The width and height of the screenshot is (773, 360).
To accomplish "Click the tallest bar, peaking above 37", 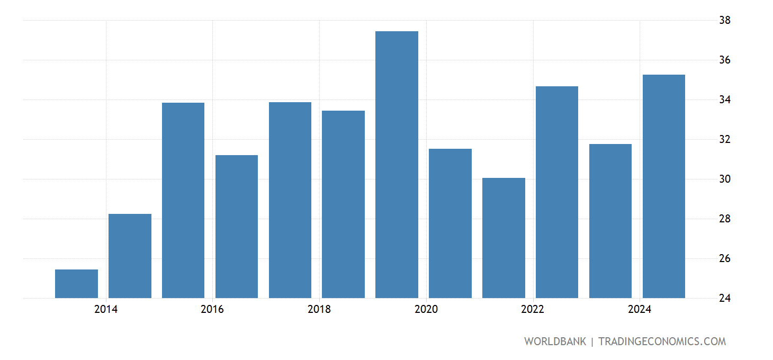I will point(397,165).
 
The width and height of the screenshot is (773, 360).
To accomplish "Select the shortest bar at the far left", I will point(76,284).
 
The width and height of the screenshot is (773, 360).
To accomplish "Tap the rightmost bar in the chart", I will point(663,186).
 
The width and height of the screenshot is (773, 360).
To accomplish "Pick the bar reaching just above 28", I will point(130,256).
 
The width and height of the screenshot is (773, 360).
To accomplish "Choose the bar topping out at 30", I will point(504,238).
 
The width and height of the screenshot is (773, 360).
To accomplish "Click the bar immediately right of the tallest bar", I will point(450,223).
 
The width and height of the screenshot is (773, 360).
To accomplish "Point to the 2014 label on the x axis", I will point(106,309).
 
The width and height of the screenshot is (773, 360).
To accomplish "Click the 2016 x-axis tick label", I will point(212,309).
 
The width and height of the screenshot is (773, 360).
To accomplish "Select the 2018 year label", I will point(319,309).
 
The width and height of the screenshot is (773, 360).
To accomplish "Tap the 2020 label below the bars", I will point(426,309).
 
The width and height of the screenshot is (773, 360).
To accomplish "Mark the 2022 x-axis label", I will point(533,309).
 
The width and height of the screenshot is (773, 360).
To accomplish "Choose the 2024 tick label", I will point(640,309).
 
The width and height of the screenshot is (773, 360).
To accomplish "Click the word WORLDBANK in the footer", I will point(555,341).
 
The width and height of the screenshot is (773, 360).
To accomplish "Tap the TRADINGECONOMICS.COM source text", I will point(662,341).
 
